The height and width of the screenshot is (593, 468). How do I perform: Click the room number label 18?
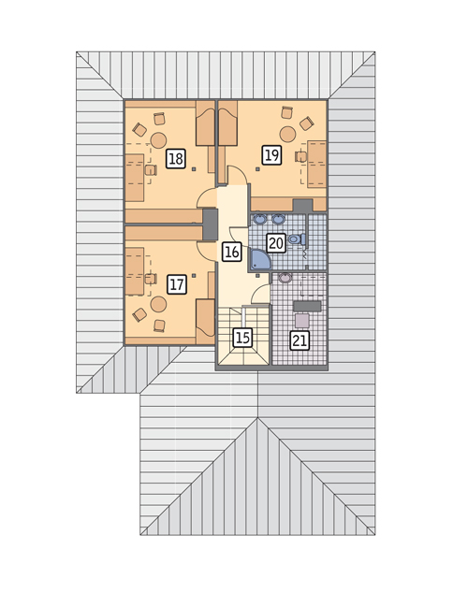(176, 159)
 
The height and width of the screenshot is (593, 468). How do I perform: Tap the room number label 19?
(271, 155)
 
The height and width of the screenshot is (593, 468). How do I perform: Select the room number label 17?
(177, 284)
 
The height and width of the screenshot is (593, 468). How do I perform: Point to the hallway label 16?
(231, 252)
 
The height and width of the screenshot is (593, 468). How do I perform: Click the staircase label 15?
(242, 338)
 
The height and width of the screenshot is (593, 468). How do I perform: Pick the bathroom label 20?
(276, 243)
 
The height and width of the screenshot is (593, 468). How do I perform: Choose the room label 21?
(300, 340)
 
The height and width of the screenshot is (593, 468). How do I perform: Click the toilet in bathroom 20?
(297, 239)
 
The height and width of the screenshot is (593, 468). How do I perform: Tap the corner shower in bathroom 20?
(260, 259)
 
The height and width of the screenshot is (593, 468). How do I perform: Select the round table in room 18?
(158, 140)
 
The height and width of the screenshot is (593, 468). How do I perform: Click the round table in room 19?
(287, 135)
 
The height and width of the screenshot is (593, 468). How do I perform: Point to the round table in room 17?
(158, 304)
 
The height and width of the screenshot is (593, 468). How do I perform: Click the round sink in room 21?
(285, 278)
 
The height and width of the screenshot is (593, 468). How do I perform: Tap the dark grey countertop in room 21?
(308, 306)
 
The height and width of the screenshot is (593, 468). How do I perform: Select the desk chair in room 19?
(301, 156)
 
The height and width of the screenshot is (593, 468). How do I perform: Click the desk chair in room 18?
(151, 170)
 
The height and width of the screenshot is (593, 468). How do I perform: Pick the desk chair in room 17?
(151, 279)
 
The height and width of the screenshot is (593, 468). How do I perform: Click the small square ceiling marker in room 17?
(194, 276)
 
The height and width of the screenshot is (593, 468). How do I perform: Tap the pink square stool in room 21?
(302, 321)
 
